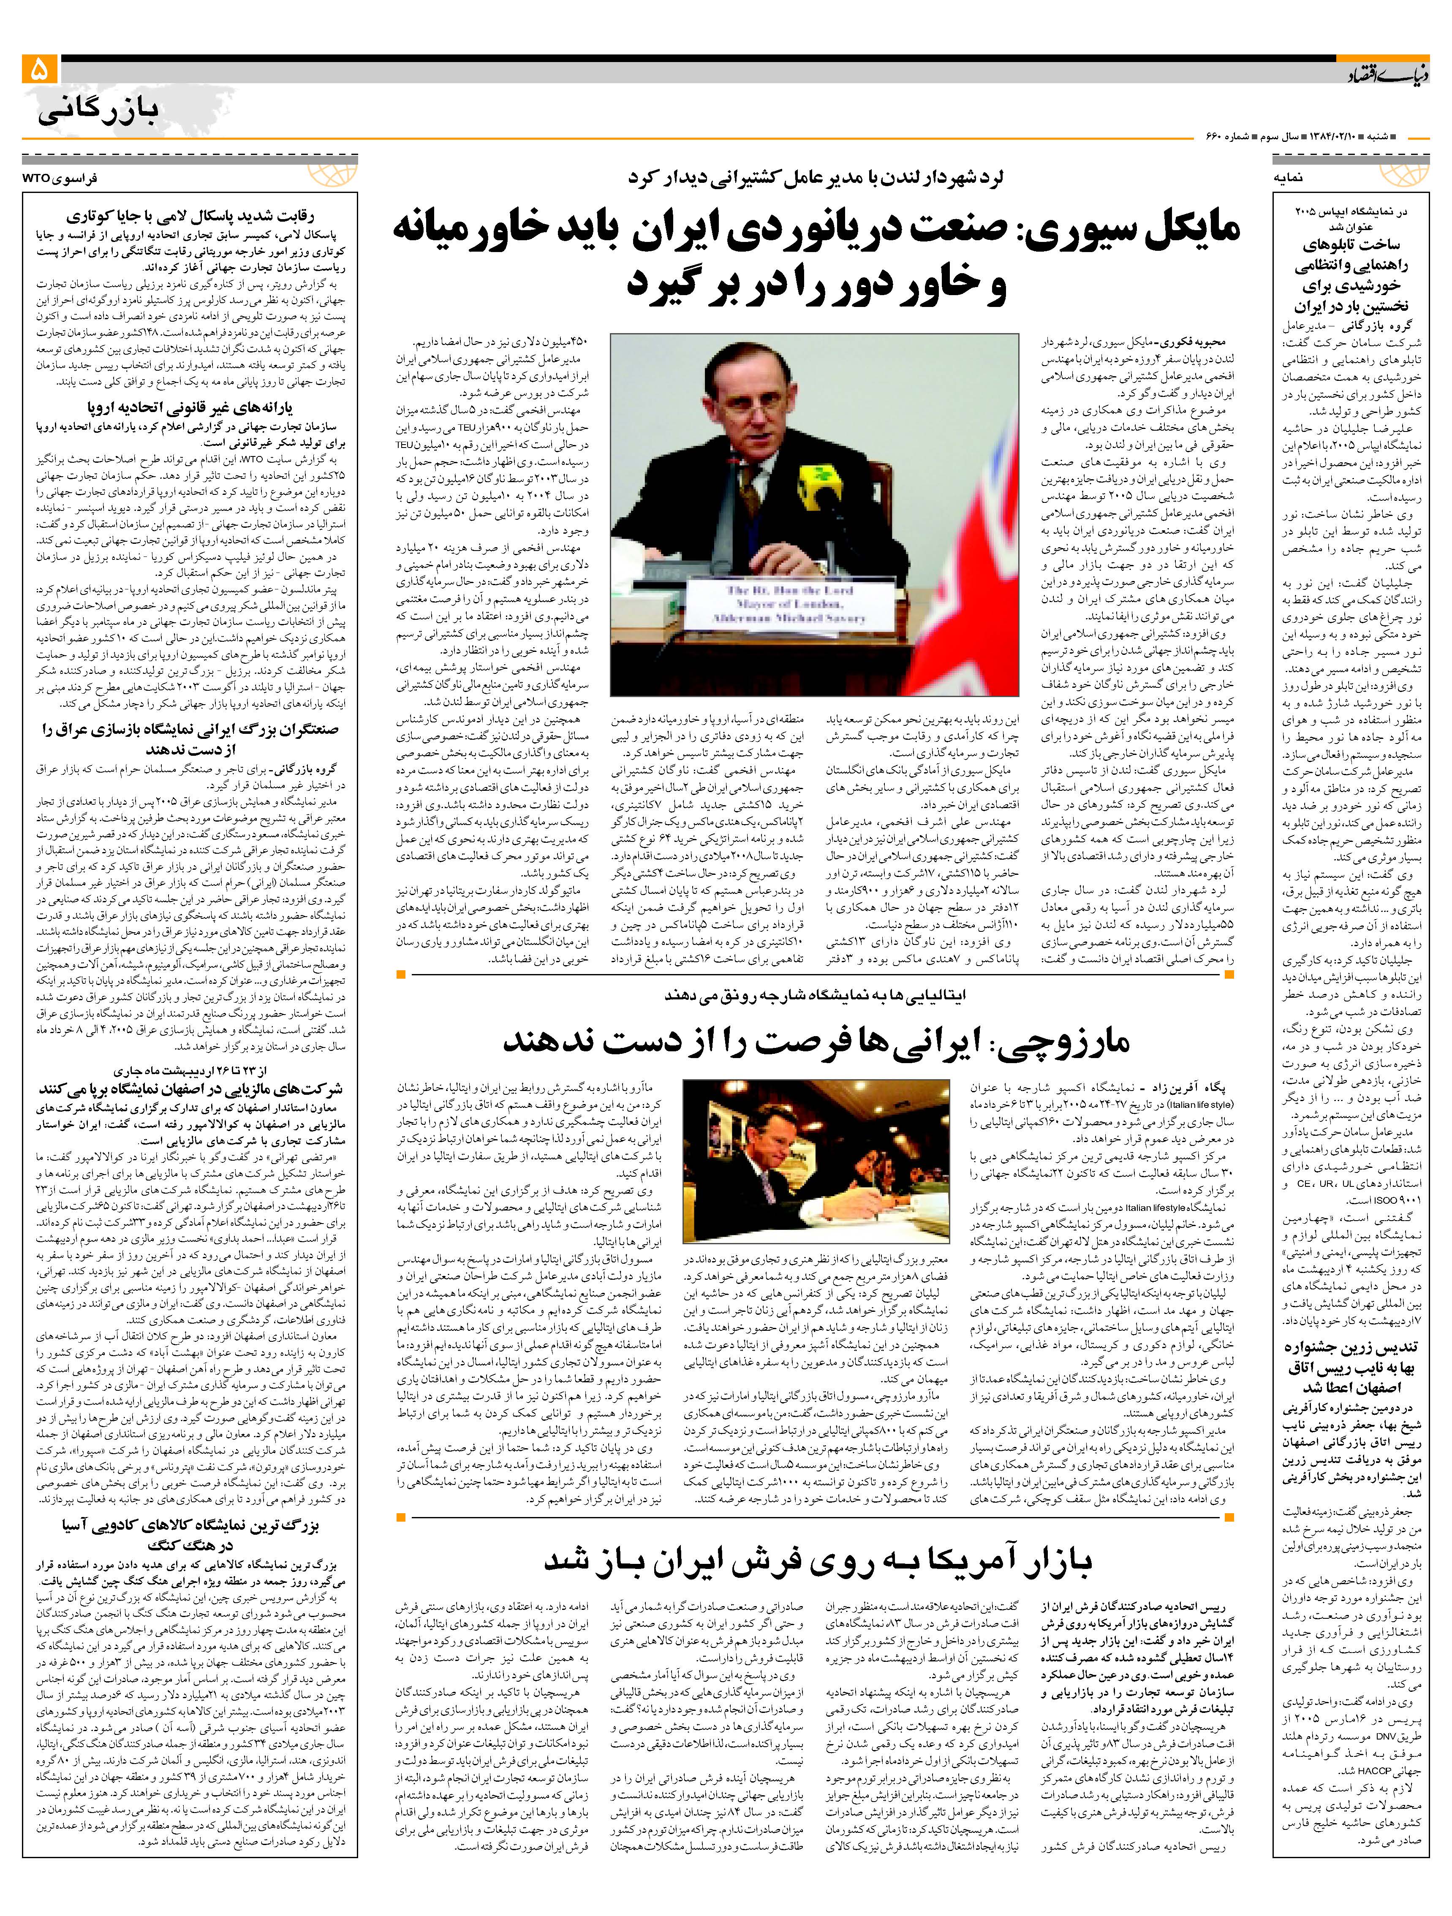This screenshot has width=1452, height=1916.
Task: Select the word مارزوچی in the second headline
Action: (x=1066, y=1041)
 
